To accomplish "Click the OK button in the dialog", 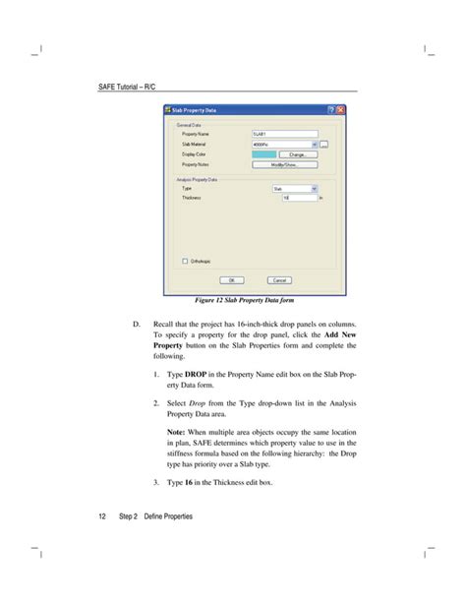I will point(233,278).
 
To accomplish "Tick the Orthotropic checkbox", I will point(185,261).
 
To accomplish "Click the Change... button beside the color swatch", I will point(296,153).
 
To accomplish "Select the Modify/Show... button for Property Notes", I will point(284,164).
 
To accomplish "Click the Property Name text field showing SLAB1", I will point(285,133).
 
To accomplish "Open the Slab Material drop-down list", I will point(314,143).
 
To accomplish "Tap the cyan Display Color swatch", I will point(262,153).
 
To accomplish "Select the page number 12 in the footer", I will point(101,515).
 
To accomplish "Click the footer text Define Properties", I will point(168,515).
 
